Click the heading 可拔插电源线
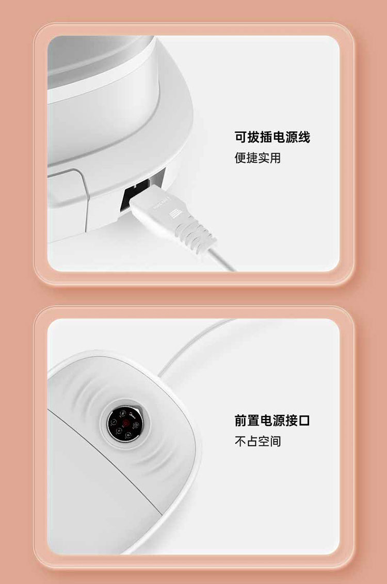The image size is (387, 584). point(272,137)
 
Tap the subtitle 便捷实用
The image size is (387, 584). point(257,158)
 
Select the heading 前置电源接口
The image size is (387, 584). point(272,420)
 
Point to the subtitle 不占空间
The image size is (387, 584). point(257,441)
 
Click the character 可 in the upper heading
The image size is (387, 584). point(241,137)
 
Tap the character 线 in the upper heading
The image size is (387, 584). point(304,137)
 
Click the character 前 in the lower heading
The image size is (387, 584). point(241,420)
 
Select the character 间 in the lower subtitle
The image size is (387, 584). point(276,441)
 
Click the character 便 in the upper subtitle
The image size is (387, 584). point(240,158)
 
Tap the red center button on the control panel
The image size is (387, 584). point(125,423)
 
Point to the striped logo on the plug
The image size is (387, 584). point(175,214)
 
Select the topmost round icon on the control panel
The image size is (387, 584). point(122,414)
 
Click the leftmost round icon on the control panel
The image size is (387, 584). point(114,422)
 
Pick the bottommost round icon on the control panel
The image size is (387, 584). point(128,434)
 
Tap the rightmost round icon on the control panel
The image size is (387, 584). point(136,425)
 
